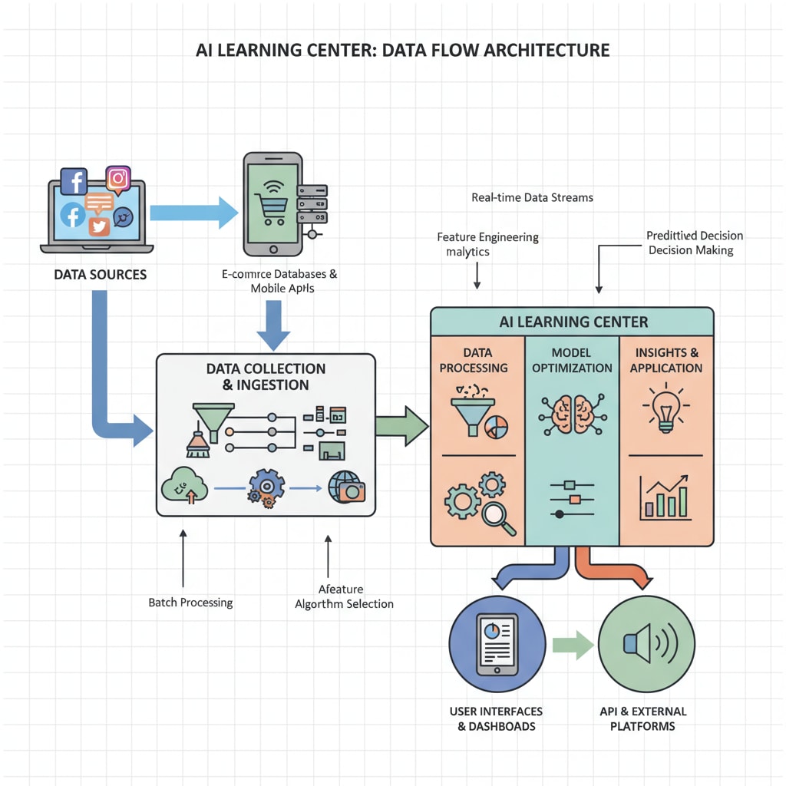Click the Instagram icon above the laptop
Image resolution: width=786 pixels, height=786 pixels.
[x=117, y=179]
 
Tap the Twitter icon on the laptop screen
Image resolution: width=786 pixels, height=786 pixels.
[x=99, y=226]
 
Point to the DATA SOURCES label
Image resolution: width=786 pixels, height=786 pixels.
[x=100, y=274]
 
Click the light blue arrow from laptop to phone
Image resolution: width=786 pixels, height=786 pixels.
[x=193, y=212]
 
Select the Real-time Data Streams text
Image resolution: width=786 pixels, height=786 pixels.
[x=532, y=197]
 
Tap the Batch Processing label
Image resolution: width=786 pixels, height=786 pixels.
[x=190, y=603]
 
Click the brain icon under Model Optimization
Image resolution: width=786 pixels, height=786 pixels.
[x=572, y=414]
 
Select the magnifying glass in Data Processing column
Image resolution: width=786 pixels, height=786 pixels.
[x=500, y=517]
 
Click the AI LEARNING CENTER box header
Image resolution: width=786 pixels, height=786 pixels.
[x=573, y=322]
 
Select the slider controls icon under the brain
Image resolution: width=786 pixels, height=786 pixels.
[x=572, y=499]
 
